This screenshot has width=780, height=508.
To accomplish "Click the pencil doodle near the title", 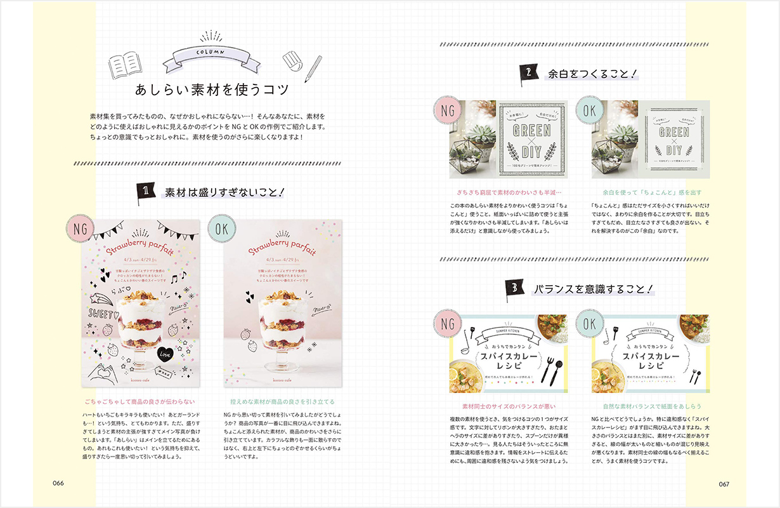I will (313, 69).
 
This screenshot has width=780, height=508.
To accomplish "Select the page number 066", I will (58, 483).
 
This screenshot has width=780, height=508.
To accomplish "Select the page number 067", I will (724, 483).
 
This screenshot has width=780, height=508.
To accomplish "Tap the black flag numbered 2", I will (528, 74).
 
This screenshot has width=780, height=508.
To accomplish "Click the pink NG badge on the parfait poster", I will (81, 229).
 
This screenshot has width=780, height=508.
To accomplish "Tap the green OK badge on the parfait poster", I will (223, 229).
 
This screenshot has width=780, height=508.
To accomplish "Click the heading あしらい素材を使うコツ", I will (212, 90).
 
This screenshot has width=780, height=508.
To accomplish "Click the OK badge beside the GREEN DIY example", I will (589, 112).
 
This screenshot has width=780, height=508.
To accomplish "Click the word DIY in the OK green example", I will (673, 150).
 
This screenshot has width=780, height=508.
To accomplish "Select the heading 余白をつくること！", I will (592, 74).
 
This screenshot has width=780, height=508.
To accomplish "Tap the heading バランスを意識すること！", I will (593, 290).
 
